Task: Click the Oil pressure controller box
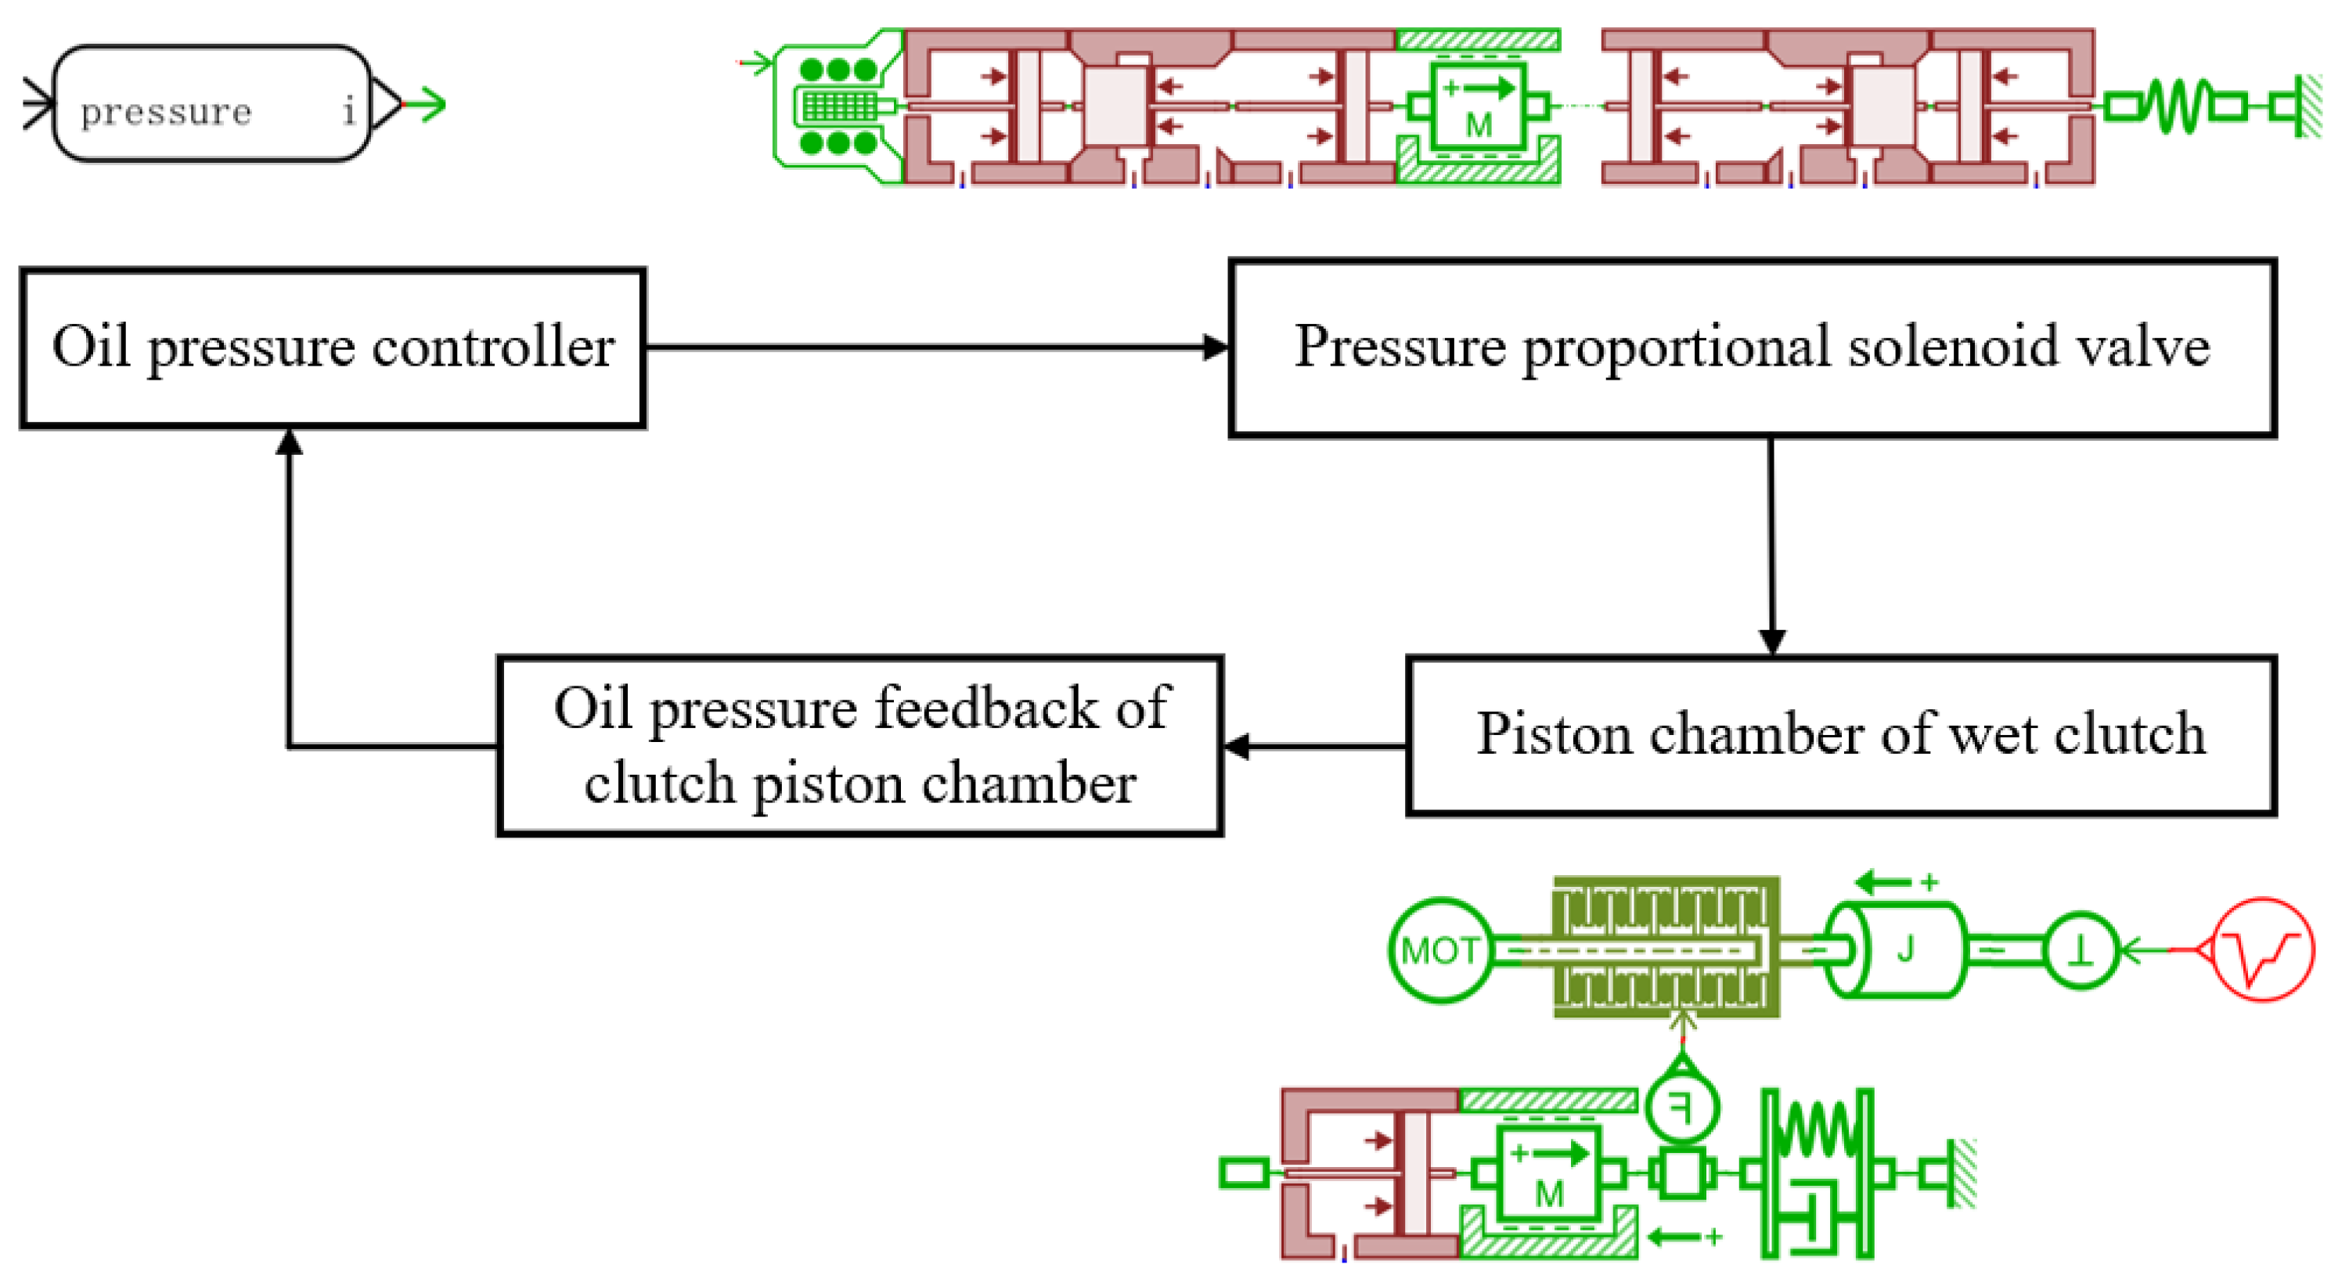(332, 348)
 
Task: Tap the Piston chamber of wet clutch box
(1839, 735)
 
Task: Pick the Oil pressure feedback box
(859, 746)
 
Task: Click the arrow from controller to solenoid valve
(932, 347)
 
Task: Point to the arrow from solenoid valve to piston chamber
(1771, 543)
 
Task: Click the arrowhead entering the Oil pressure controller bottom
(289, 444)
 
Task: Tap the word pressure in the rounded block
(166, 112)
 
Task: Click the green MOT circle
(1439, 950)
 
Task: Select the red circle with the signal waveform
(2262, 949)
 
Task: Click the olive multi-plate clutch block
(1665, 948)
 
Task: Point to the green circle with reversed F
(1681, 1106)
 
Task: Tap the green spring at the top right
(2172, 106)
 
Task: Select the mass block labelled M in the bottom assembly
(1549, 1175)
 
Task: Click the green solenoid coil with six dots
(839, 106)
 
